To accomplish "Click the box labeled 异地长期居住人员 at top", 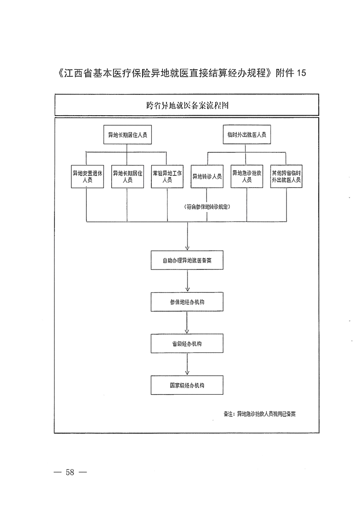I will (127, 135).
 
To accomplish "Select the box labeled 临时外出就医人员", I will (247, 135).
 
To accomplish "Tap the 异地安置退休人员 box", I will (88, 176).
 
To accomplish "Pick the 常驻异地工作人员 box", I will (167, 176).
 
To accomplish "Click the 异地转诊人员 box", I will (207, 176).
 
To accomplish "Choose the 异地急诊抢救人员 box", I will (247, 176).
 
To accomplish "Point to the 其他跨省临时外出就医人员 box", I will (286, 176).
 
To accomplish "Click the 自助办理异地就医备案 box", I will (187, 260).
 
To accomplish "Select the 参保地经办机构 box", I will (187, 302).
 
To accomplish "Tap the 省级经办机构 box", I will (187, 343).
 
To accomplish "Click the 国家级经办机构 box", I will (187, 385).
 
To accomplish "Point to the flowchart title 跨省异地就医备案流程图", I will (187, 105).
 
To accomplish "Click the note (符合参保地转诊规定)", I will (207, 207).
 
